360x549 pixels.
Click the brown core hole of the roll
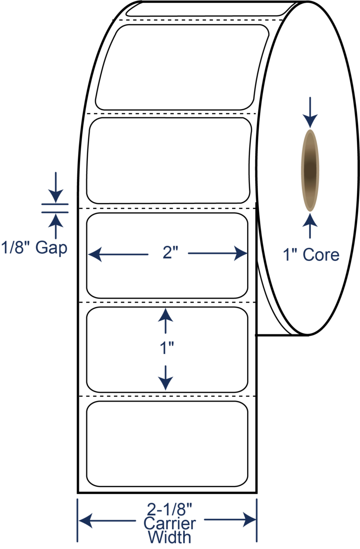[x=310, y=170]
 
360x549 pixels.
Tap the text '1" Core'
[x=311, y=254]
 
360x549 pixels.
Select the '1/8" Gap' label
[x=34, y=248]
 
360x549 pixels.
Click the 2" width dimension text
[x=170, y=252]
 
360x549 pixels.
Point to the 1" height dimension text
[x=167, y=348]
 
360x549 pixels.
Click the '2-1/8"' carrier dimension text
[x=169, y=509]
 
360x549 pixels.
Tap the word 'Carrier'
[x=170, y=524]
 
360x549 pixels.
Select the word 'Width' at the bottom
[x=170, y=537]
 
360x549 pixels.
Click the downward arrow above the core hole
[x=310, y=112]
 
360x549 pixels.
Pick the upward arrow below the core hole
[x=310, y=226]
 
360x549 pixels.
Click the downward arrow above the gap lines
[x=56, y=187]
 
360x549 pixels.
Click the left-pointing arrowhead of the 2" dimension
[x=95, y=254]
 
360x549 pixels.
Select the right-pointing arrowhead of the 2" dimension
[x=240, y=253]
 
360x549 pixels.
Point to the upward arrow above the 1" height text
[x=166, y=321]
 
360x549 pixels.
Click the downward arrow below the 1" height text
[x=166, y=378]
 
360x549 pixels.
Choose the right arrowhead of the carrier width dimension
[x=249, y=519]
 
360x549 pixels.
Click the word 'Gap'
[x=51, y=248]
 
